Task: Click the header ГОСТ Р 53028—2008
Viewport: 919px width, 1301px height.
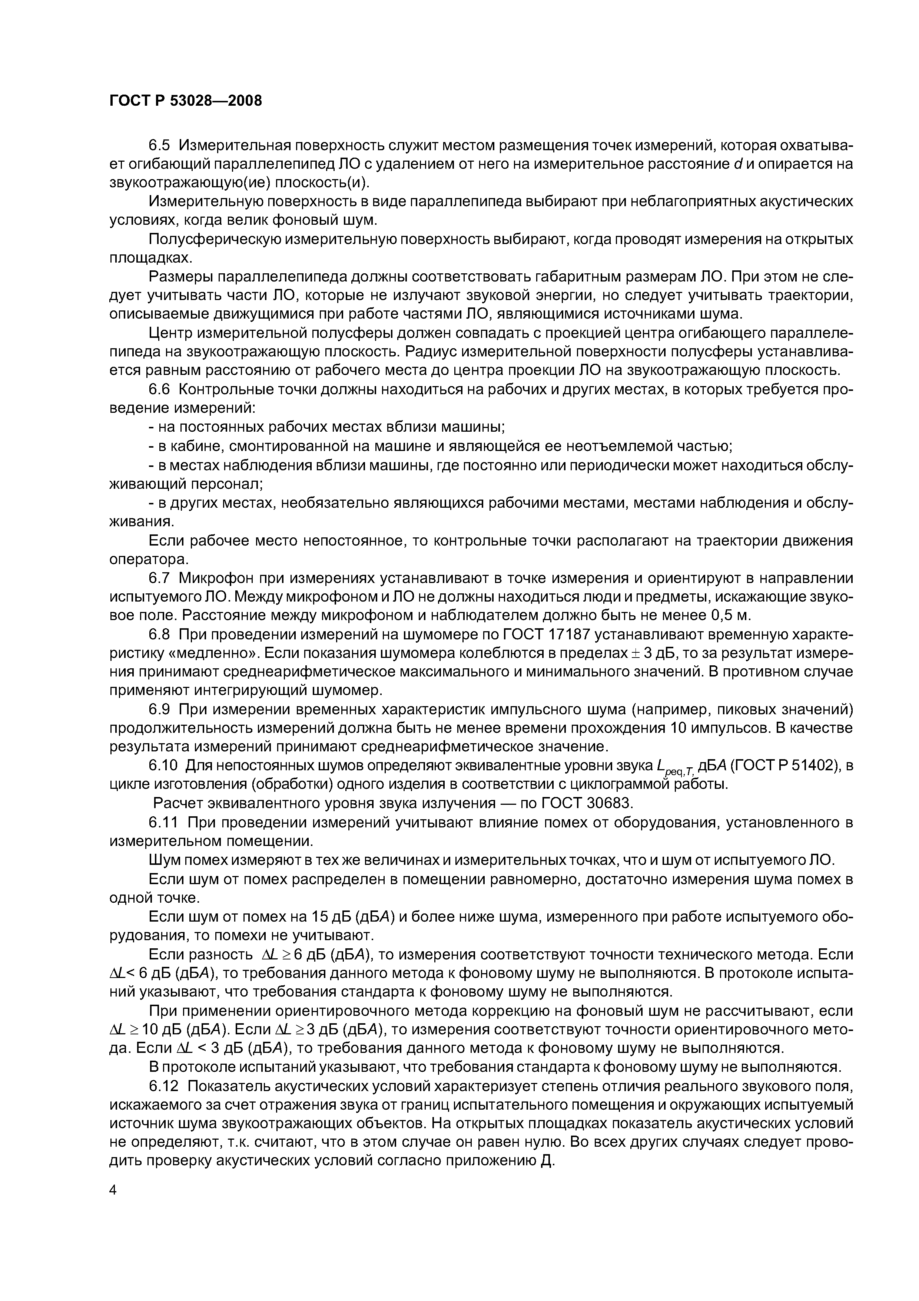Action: [186, 101]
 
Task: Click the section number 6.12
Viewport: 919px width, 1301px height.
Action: [164, 1086]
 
